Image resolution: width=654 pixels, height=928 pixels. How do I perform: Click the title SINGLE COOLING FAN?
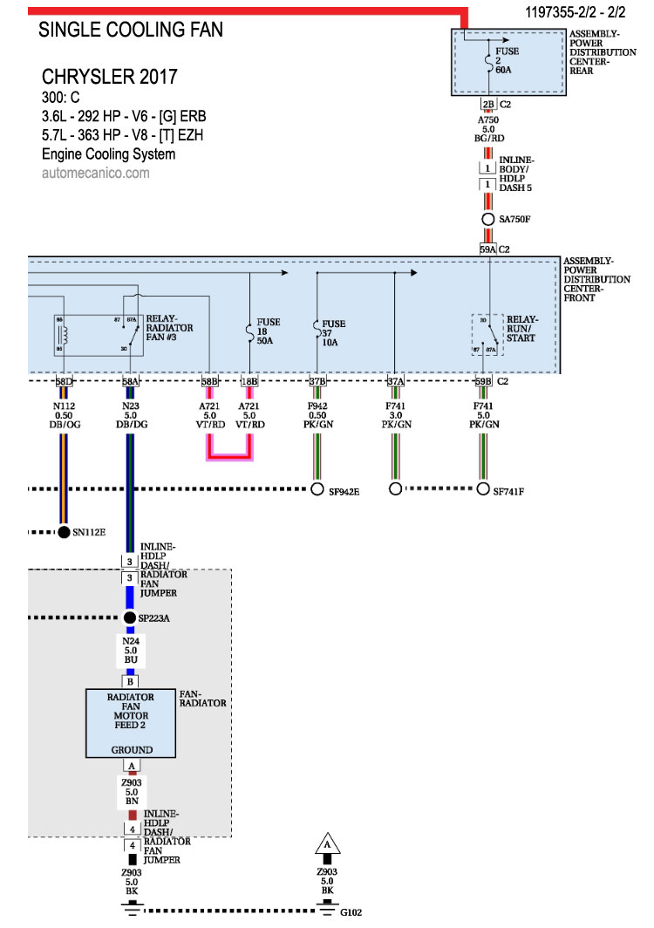[x=131, y=30]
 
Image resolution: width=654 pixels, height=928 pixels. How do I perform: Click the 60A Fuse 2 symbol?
[x=488, y=62]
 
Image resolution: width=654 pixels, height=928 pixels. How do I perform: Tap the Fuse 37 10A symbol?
[x=316, y=330]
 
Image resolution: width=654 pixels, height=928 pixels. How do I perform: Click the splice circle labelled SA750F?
[x=488, y=219]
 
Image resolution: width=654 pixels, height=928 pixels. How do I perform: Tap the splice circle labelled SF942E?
[x=317, y=489]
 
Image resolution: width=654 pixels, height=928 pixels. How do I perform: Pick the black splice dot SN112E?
[x=64, y=531]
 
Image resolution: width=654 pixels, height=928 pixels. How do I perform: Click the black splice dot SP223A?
[x=130, y=618]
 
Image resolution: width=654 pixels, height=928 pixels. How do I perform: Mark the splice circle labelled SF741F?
[x=484, y=489]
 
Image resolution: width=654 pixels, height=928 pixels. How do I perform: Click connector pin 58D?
[x=64, y=381]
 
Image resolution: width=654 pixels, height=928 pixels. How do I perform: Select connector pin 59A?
[x=488, y=249]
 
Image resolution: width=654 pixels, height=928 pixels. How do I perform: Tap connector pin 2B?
[x=488, y=103]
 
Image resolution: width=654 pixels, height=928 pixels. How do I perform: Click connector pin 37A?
[x=395, y=381]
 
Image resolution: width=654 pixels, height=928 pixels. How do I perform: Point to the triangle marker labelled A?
[x=327, y=844]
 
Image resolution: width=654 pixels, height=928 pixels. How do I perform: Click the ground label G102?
[x=351, y=913]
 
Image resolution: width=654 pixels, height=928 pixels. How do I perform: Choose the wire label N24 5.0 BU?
[x=130, y=650]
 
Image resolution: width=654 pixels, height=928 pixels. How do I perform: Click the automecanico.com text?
[x=95, y=173]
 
